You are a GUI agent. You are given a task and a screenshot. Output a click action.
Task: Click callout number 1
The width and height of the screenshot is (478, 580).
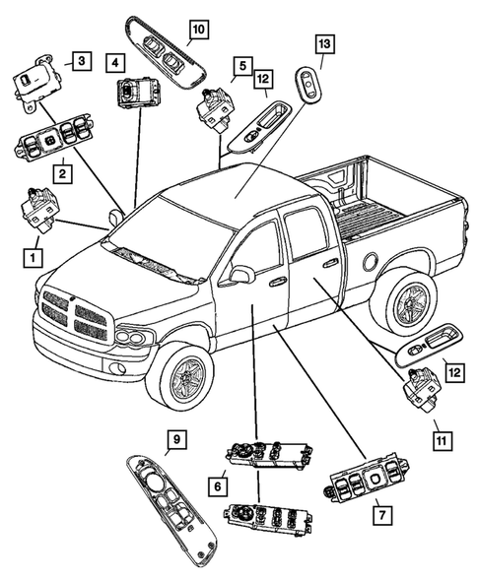pos(33,258)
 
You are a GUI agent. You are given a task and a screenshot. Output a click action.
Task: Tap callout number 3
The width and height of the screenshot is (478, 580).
pos(82,62)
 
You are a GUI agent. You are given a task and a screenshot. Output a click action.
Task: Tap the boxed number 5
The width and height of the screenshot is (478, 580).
pos(240,66)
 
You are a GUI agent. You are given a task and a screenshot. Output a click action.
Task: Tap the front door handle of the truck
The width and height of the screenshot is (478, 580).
pos(278,283)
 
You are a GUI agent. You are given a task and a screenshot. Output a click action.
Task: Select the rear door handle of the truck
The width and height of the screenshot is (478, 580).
pos(329,263)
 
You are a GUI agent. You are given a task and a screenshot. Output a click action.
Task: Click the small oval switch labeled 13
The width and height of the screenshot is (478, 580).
pos(308,86)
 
